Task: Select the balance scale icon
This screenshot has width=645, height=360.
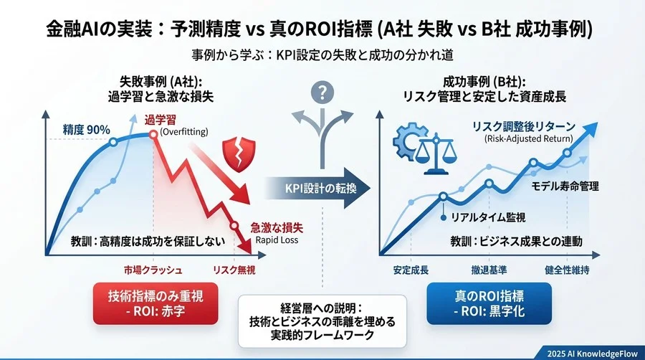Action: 432,151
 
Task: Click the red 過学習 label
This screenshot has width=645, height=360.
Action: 161,120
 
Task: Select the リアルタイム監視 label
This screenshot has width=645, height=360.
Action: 479,217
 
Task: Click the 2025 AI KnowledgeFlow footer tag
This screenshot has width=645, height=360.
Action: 593,351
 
